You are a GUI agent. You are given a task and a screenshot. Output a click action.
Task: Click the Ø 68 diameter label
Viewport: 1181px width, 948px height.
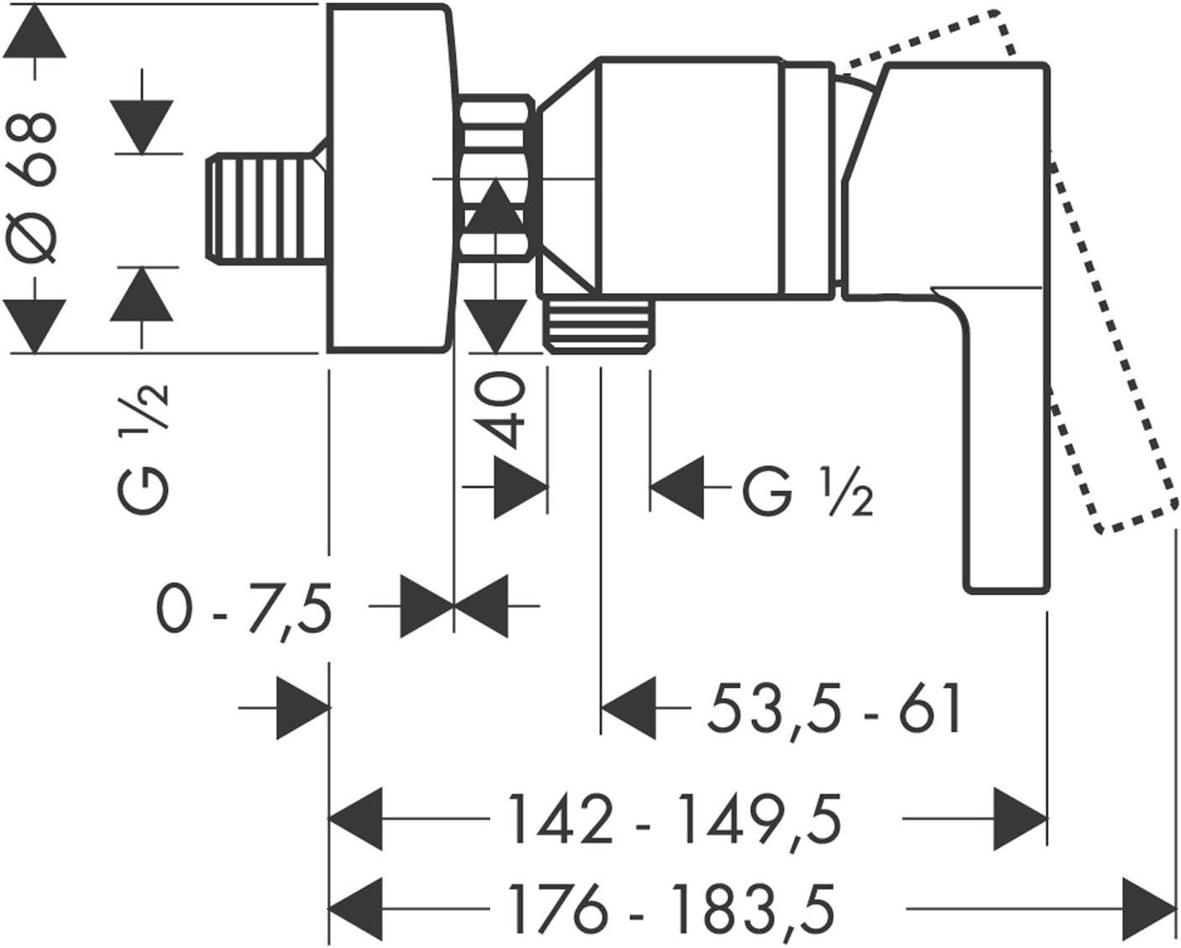(35, 188)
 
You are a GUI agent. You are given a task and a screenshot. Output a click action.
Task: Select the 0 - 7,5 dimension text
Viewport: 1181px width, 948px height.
(245, 611)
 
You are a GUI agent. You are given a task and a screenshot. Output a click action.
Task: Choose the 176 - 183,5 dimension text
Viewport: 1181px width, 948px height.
(671, 909)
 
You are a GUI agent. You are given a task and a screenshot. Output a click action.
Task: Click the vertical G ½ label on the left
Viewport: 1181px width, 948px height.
(144, 450)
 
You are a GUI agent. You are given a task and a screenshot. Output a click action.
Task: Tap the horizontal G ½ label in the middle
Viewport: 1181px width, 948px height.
(807, 491)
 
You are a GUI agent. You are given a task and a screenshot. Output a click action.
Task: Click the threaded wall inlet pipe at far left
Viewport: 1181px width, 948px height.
(267, 207)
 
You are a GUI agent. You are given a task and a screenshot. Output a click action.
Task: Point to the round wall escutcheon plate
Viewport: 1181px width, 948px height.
(392, 178)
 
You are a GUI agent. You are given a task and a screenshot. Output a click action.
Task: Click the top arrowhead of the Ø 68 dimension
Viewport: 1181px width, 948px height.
(35, 31)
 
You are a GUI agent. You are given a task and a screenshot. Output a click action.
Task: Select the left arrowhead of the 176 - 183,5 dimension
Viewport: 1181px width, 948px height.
(355, 909)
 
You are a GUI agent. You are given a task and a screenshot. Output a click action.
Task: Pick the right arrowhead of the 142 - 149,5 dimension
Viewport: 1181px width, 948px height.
(1020, 820)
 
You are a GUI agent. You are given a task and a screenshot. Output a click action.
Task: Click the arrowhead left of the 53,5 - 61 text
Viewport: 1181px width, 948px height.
(629, 708)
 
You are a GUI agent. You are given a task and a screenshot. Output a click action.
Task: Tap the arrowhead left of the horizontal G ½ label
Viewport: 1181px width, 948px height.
(677, 487)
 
